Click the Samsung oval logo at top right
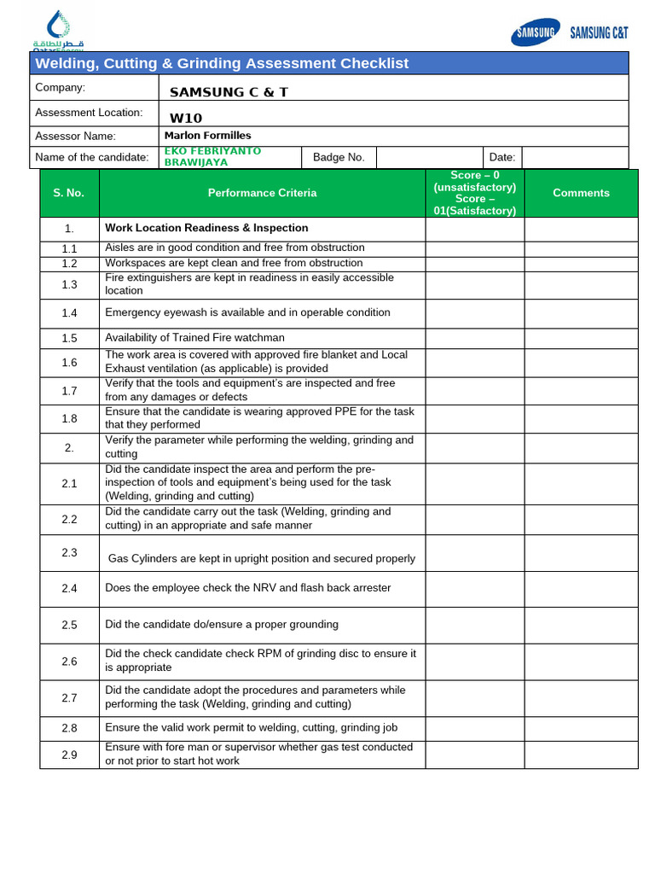click(x=535, y=32)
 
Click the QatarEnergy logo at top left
click(x=57, y=32)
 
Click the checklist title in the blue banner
click(x=222, y=63)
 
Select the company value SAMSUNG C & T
click(x=229, y=92)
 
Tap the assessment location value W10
click(x=186, y=118)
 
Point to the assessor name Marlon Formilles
click(x=207, y=135)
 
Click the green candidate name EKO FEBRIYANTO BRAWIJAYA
click(x=212, y=156)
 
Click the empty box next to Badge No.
click(x=429, y=157)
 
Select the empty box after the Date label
click(x=574, y=157)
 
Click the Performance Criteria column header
click(x=262, y=193)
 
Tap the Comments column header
click(x=581, y=193)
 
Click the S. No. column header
click(x=69, y=193)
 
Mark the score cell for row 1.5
click(x=474, y=338)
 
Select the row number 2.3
click(x=69, y=552)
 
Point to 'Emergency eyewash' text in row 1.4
click(x=151, y=312)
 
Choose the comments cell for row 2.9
click(x=581, y=754)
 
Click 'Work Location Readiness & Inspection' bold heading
click(x=206, y=228)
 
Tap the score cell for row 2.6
click(x=474, y=661)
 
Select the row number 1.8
click(x=69, y=418)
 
